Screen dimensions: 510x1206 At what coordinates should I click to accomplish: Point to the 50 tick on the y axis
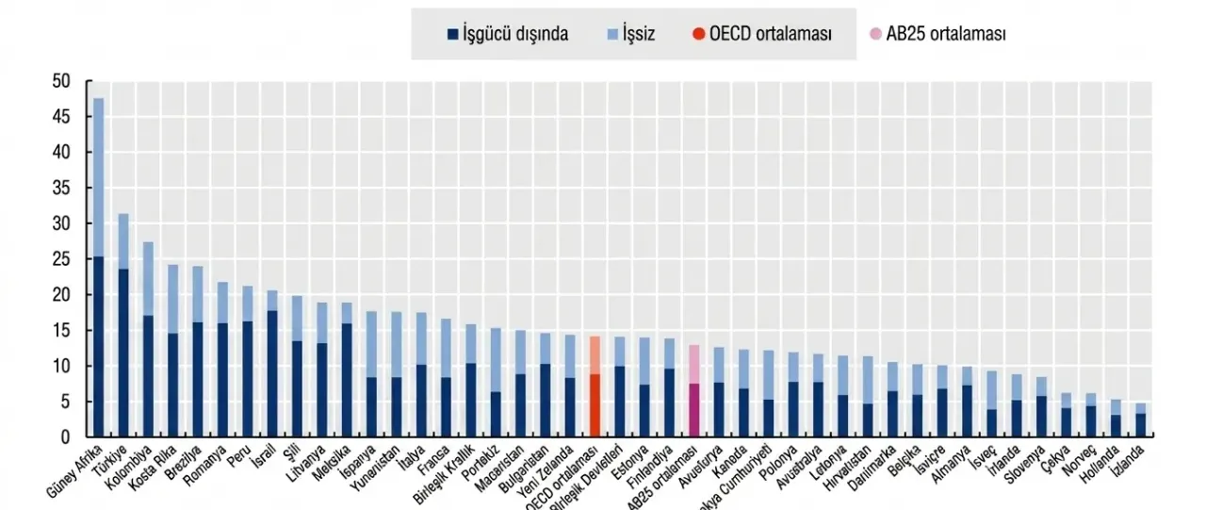pyautogui.click(x=61, y=81)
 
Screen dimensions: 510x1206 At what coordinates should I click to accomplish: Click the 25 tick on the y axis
pyautogui.click(x=61, y=259)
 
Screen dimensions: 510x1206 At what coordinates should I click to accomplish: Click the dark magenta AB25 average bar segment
pyautogui.click(x=693, y=410)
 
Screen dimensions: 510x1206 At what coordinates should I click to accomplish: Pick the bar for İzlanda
pyautogui.click(x=1139, y=420)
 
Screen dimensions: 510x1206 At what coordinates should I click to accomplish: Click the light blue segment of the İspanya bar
pyautogui.click(x=371, y=344)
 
